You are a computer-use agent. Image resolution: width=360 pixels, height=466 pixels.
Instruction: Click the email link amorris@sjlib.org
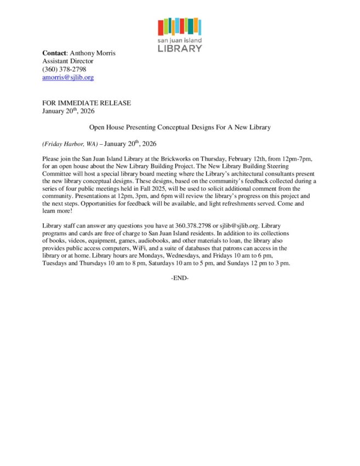pos(68,78)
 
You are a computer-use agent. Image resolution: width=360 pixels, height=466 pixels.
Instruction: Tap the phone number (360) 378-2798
pos(64,70)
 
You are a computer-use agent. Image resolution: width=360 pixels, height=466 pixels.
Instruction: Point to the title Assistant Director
pos(68,61)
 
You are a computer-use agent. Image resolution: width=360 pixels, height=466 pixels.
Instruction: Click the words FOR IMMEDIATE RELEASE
pos(87,103)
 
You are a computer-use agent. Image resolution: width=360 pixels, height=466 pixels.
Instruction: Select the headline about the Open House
pos(180,127)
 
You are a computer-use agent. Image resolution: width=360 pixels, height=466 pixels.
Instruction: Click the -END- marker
pos(180,279)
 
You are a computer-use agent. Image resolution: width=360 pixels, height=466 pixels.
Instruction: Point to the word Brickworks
pos(179,158)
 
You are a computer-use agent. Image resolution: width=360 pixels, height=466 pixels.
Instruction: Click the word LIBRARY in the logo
pos(180,49)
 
